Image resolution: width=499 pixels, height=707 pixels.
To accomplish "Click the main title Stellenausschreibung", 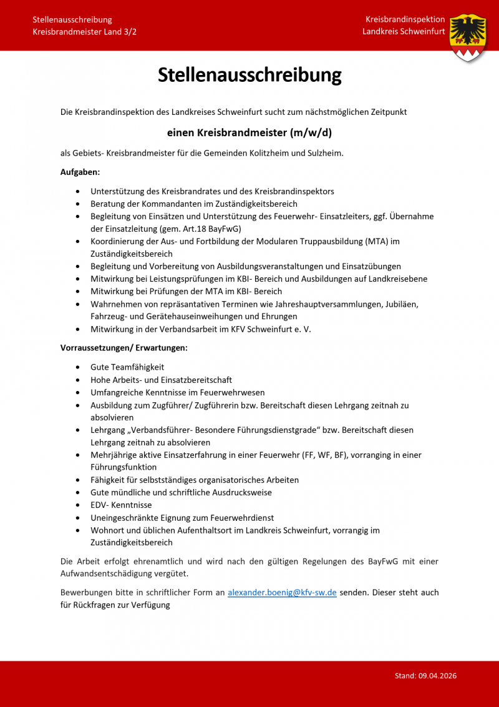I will point(249,75).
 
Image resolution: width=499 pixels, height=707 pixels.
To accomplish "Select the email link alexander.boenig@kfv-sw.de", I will point(282,592).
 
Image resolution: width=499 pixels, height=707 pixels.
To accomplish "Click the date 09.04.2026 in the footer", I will point(438,676).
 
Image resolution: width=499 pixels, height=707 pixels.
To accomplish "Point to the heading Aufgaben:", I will point(80,172).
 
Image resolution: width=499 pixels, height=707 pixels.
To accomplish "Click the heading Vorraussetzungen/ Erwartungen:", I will point(124,347).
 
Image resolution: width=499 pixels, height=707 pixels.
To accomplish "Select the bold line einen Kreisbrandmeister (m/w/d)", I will point(249,132).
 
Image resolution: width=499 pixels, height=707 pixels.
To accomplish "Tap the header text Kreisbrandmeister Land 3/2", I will point(84,31).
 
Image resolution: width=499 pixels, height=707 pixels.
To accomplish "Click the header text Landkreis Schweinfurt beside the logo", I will point(404,31).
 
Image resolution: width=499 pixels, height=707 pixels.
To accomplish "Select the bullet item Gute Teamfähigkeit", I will point(127,367).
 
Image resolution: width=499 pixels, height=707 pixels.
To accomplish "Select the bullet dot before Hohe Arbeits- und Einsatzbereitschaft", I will point(77,380).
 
